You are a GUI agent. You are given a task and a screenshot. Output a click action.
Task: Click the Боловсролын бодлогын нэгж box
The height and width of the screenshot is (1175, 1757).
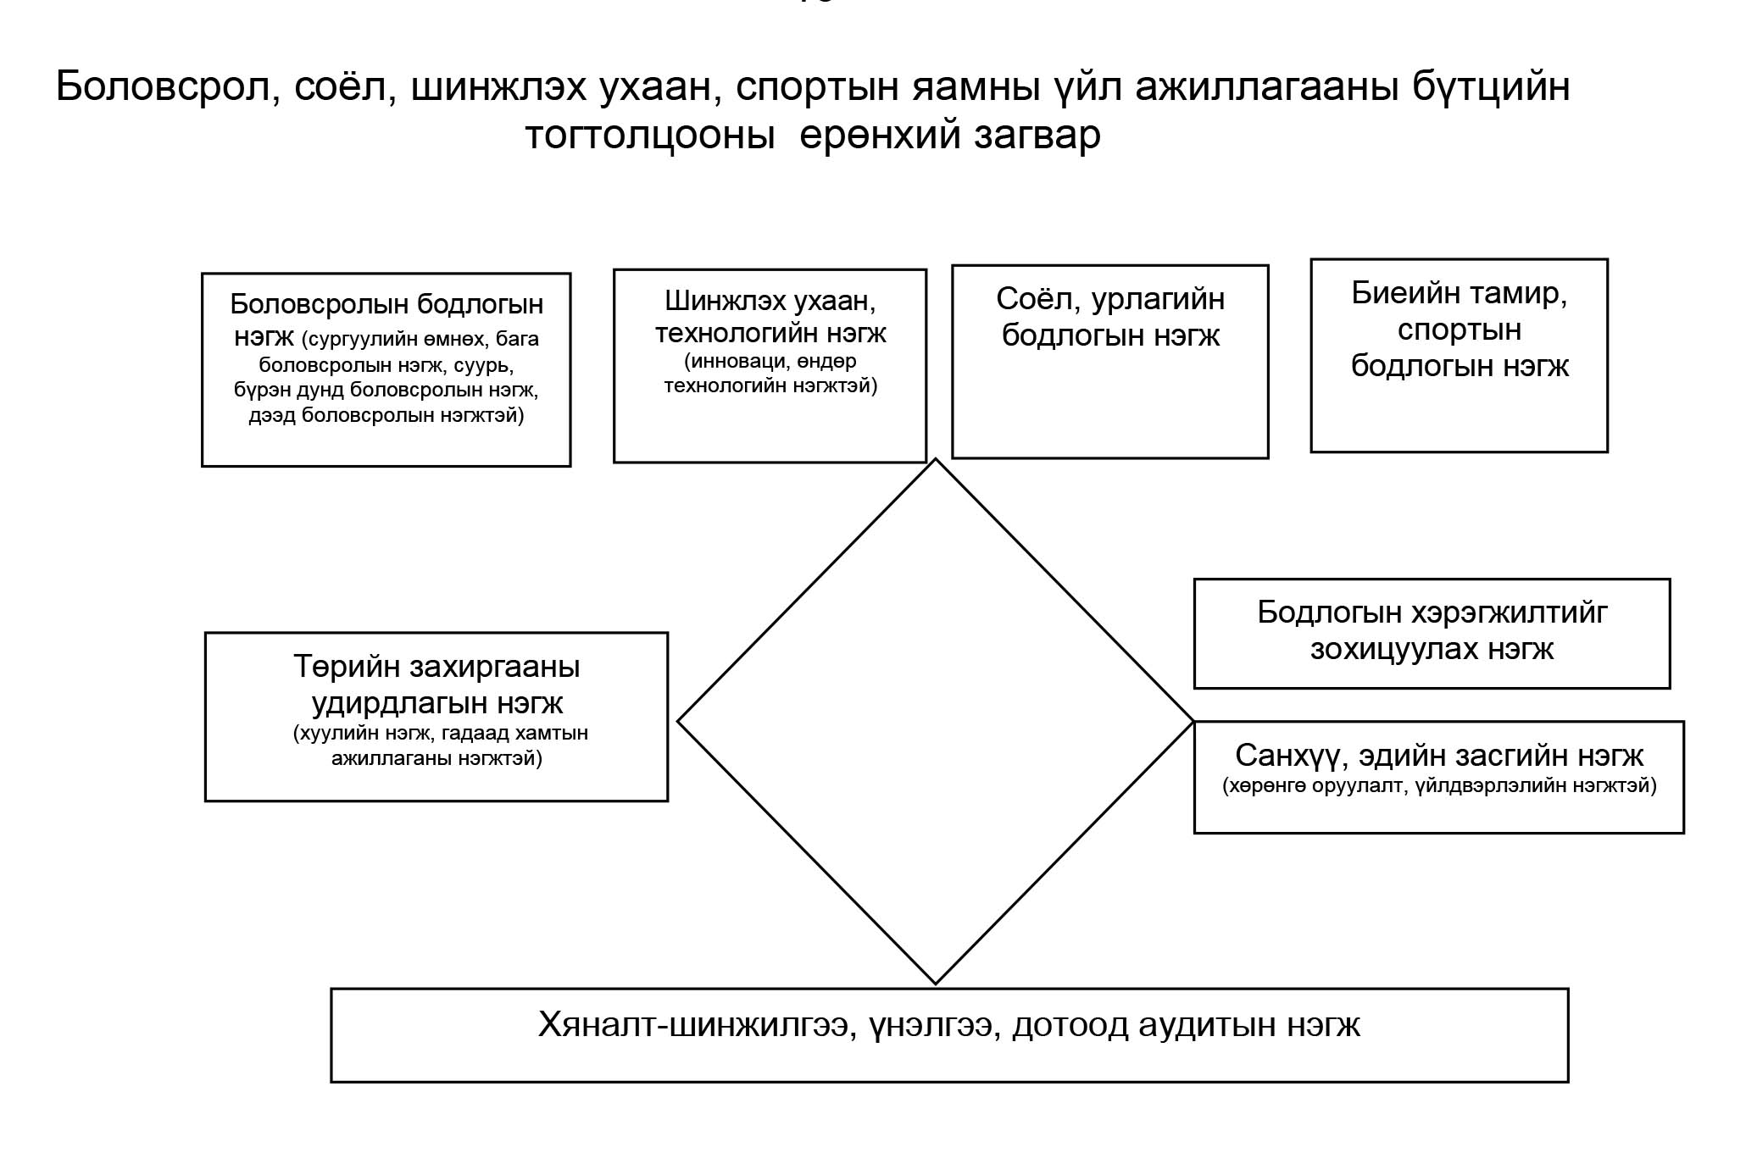tap(386, 369)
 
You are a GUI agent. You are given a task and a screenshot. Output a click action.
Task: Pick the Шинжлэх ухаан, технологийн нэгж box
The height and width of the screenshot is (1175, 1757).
tap(770, 366)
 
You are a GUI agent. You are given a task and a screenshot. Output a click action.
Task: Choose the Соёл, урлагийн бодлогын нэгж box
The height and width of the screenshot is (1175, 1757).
tap(1110, 362)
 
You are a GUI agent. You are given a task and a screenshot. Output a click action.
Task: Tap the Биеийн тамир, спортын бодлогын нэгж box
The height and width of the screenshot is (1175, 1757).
tap(1460, 356)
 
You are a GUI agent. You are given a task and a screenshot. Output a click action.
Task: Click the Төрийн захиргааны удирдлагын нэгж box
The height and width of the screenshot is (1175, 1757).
tap(436, 717)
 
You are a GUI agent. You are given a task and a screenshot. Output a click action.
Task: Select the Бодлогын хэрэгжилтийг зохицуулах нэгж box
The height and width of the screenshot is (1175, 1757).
tap(1432, 634)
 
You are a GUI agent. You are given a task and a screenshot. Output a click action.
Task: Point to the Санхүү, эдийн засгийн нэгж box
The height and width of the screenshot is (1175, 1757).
tap(1439, 778)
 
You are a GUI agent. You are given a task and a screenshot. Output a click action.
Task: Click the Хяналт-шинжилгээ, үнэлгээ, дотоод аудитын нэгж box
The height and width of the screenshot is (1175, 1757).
tap(949, 1035)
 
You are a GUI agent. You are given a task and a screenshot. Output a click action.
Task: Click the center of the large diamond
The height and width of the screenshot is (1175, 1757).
tap(936, 722)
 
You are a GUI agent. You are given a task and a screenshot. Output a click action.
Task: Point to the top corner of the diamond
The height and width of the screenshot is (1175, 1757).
tap(936, 459)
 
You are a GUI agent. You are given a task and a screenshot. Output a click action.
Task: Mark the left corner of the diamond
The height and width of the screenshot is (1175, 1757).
tap(678, 722)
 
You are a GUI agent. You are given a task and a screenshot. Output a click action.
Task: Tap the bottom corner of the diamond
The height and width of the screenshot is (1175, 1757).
tap(936, 984)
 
